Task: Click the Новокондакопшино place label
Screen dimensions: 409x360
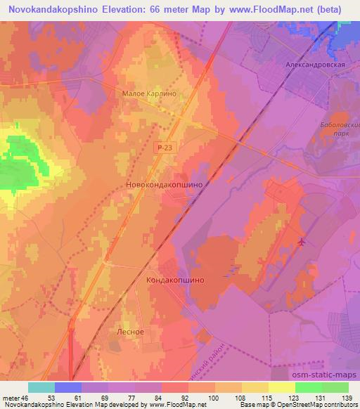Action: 164,184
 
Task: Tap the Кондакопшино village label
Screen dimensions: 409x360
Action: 175,279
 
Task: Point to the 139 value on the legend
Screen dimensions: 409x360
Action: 347,397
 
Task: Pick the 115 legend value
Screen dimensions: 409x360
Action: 268,397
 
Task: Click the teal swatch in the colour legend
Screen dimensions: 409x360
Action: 41,387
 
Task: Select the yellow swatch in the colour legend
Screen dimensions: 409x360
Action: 281,387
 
